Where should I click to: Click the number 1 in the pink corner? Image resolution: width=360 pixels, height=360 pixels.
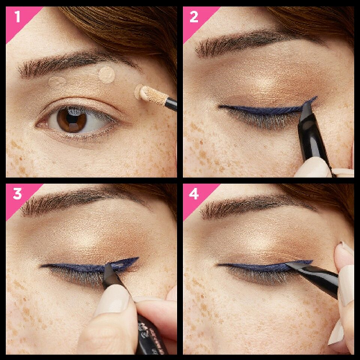click(x=17, y=17)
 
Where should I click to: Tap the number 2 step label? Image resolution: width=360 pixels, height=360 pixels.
click(x=194, y=17)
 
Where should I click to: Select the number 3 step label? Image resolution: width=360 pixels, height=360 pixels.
click(x=17, y=194)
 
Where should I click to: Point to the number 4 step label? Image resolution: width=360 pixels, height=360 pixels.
click(x=194, y=194)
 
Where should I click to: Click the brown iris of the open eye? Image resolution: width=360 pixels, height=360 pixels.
click(x=72, y=120)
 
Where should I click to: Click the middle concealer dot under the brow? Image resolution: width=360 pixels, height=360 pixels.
click(x=107, y=75)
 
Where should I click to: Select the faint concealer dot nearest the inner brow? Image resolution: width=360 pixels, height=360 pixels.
click(x=57, y=81)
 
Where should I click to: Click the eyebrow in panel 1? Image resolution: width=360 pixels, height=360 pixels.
click(x=77, y=63)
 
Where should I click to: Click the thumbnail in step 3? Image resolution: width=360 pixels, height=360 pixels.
click(x=113, y=300)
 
